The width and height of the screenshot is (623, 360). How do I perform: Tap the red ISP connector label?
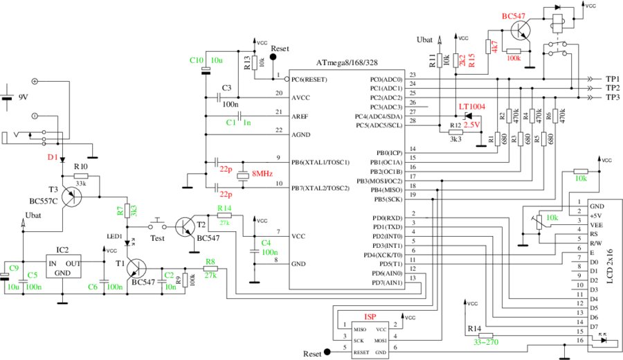370,317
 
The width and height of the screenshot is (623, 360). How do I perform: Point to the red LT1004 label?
472,107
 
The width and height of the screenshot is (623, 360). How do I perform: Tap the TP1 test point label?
612,80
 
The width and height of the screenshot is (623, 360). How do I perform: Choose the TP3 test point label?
612,98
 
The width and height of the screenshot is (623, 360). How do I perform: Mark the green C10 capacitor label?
197,60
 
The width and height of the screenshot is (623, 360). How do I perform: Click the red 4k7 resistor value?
495,48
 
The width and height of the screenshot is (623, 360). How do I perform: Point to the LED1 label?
114,236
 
